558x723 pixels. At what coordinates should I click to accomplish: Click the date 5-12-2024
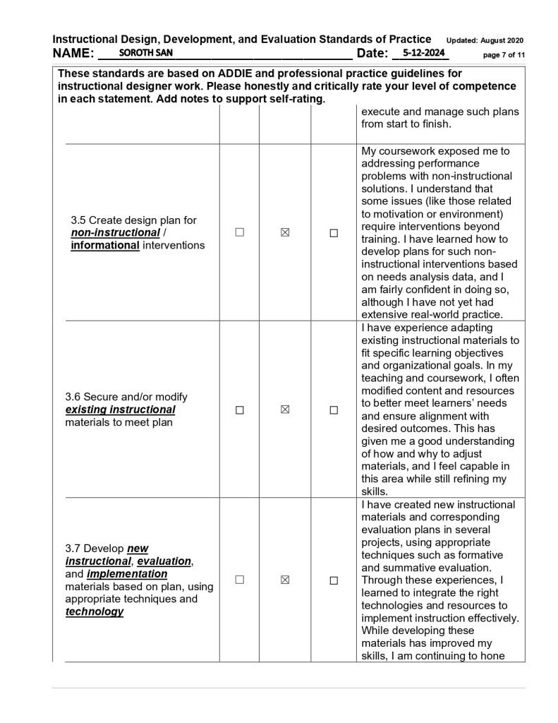(x=421, y=53)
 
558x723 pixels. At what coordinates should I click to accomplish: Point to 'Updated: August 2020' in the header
(x=485, y=40)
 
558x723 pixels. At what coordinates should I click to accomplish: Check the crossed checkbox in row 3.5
(x=285, y=232)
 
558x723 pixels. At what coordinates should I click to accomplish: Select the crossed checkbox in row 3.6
(x=285, y=410)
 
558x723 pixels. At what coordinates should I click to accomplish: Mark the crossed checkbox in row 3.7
(x=285, y=580)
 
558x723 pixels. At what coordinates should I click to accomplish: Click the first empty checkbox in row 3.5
(x=240, y=232)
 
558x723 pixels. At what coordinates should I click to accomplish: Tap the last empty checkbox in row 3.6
(x=334, y=410)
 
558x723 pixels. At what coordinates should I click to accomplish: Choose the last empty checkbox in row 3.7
(x=334, y=580)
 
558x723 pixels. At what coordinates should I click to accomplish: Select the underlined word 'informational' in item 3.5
(x=105, y=246)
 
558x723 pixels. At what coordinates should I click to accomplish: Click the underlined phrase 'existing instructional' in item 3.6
(x=120, y=410)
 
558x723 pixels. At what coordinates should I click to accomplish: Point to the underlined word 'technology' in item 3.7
(x=95, y=611)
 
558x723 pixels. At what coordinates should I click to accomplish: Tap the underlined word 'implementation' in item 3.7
(x=127, y=573)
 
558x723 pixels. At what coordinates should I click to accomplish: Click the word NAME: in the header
(x=73, y=54)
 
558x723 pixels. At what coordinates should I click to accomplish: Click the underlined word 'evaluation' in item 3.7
(x=164, y=561)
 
